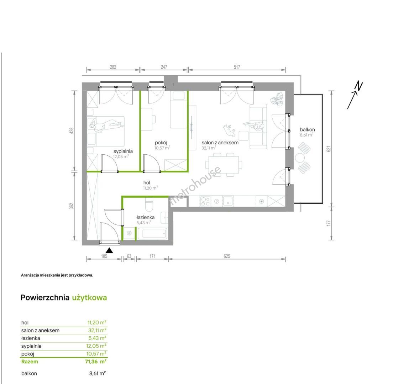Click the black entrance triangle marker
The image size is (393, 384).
pyautogui.click(x=109, y=250)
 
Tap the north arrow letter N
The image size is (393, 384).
pyautogui.click(x=359, y=86)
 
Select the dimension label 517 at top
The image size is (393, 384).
pyautogui.click(x=237, y=67)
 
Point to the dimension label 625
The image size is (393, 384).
pyautogui.click(x=227, y=256)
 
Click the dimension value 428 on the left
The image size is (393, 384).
pyautogui.click(x=72, y=131)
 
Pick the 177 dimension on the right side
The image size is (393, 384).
pyautogui.click(x=329, y=223)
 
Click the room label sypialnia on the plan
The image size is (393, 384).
pyautogui.click(x=123, y=151)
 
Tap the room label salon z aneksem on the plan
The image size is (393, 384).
pyautogui.click(x=220, y=143)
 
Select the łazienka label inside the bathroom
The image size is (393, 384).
pyautogui.click(x=145, y=217)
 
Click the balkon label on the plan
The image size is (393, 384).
pyautogui.click(x=307, y=129)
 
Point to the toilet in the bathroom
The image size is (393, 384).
pyautogui.click(x=149, y=204)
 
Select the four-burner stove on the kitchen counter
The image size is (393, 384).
pyautogui.click(x=205, y=201)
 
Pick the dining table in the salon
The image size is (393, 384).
pyautogui.click(x=224, y=165)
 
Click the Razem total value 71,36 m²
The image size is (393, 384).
pyautogui.click(x=96, y=362)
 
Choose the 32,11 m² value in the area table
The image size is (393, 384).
pyautogui.click(x=97, y=330)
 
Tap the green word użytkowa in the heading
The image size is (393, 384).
pyautogui.click(x=89, y=298)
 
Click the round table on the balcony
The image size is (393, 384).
pyautogui.click(x=300, y=158)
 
